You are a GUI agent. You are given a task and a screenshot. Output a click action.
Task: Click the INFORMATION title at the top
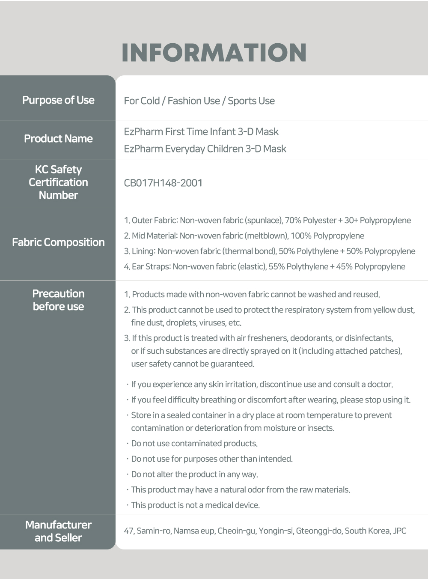click(214, 52)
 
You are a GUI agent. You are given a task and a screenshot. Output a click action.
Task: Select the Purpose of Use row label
click(58, 100)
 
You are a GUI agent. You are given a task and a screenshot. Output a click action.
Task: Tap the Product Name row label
click(58, 139)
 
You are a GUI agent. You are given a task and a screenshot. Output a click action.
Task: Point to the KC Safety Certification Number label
click(58, 182)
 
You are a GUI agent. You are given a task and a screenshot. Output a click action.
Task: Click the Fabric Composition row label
click(58, 242)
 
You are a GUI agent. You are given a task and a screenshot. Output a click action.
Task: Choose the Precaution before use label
click(58, 300)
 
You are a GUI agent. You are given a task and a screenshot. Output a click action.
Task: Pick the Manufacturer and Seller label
click(58, 531)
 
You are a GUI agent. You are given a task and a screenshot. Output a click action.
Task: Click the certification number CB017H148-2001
click(163, 183)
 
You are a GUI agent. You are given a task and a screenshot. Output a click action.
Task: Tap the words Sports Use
click(251, 101)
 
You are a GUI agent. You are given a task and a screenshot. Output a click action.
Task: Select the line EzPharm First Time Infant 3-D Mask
click(201, 132)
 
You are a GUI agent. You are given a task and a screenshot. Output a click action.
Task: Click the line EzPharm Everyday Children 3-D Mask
click(205, 149)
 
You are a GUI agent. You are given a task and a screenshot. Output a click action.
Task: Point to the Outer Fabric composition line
click(267, 221)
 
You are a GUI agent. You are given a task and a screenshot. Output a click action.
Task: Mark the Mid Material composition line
click(244, 236)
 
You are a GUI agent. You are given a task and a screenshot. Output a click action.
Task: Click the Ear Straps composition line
click(265, 267)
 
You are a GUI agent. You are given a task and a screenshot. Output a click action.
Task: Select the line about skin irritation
click(262, 385)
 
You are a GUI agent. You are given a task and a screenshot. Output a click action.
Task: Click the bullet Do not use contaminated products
click(194, 444)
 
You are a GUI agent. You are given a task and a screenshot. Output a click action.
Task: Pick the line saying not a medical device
click(195, 505)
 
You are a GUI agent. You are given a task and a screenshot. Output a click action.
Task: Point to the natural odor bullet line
click(240, 490)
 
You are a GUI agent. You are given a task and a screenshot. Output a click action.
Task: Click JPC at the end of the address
click(399, 531)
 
